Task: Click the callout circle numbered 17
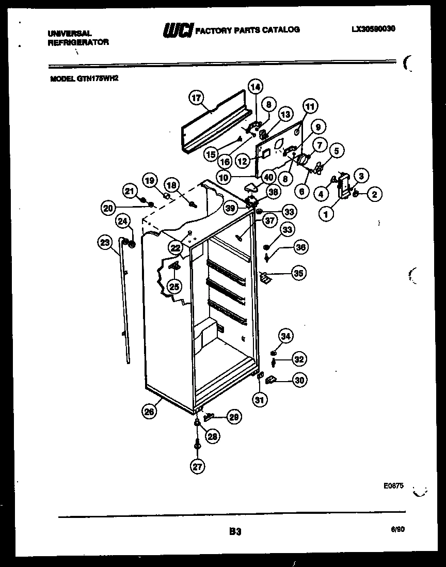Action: point(196,98)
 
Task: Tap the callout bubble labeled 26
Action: point(150,412)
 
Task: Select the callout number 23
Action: point(105,242)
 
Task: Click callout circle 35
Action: point(298,273)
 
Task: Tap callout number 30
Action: point(299,380)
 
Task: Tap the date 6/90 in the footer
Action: point(397,529)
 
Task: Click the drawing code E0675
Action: point(393,486)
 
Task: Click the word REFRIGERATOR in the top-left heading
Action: point(78,43)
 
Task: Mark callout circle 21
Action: point(129,191)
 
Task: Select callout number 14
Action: point(255,87)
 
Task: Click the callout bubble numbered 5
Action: point(336,151)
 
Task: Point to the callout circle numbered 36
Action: point(300,248)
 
